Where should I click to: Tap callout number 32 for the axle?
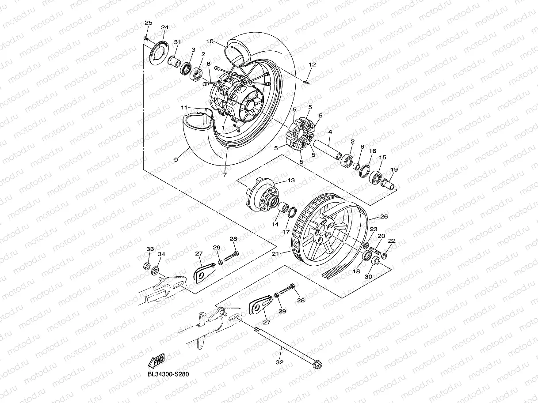coord(279,362)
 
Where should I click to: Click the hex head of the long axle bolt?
coord(317,365)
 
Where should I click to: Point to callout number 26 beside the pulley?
coord(384,216)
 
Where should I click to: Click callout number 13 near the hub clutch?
coord(291,181)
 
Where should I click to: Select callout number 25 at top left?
coord(149,23)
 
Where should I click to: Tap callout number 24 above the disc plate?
coord(165,27)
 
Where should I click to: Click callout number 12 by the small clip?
coord(312,64)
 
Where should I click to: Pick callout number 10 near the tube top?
coord(210,41)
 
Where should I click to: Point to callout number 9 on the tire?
coord(176,160)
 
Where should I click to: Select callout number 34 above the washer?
coord(161,254)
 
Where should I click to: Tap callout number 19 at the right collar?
coord(394,169)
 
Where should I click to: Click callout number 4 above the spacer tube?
coord(330,132)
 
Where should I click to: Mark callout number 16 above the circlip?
coord(373,151)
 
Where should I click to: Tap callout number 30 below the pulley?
coord(368,276)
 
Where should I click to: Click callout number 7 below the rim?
coord(225,174)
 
